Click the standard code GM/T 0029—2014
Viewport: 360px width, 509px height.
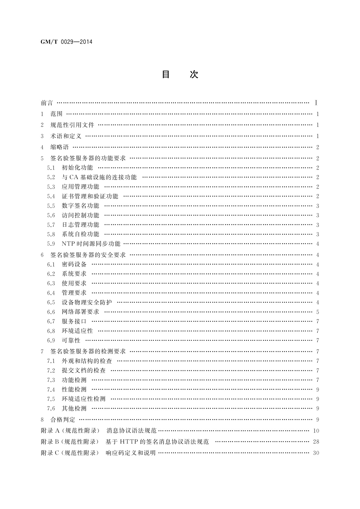click(x=66, y=42)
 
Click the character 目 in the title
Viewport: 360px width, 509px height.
click(x=166, y=74)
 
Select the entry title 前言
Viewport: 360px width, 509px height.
click(x=47, y=103)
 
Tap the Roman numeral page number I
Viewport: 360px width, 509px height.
click(x=316, y=103)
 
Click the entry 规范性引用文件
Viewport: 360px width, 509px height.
click(x=72, y=125)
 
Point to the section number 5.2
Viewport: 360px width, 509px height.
click(x=51, y=177)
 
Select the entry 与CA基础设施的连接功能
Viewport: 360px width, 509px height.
click(x=99, y=177)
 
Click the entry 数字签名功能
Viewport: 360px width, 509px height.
click(x=80, y=206)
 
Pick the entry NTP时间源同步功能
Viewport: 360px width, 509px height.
click(x=91, y=244)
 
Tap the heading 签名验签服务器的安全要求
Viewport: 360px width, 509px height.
click(x=88, y=255)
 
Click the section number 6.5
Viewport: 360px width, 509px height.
click(x=51, y=302)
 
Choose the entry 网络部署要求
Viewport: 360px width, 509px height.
click(x=80, y=312)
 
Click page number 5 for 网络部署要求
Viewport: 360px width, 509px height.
click(x=318, y=312)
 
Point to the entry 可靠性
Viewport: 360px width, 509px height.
click(x=71, y=340)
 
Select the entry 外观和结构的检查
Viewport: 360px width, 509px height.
click(x=87, y=361)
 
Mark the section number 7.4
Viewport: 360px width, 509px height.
click(x=51, y=389)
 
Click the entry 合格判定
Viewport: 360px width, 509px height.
click(x=63, y=420)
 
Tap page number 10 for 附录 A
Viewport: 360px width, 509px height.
click(x=316, y=431)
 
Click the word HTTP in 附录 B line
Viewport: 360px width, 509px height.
click(x=129, y=442)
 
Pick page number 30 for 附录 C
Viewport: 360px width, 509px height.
click(x=316, y=453)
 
